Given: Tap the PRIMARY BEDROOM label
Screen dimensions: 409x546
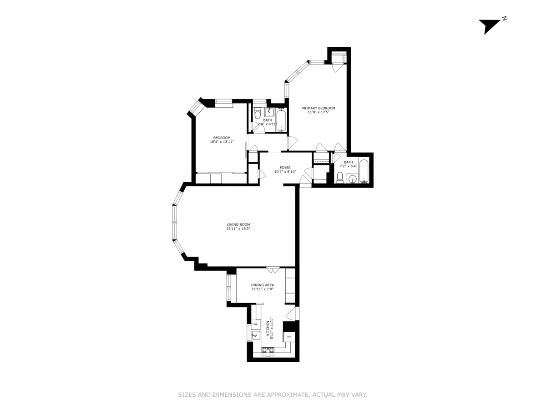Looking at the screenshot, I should click(x=318, y=108).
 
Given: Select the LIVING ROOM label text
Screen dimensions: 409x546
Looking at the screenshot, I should click(x=238, y=224).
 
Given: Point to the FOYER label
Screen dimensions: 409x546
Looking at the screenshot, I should click(x=285, y=168).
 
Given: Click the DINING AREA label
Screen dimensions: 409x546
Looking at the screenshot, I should click(x=263, y=285).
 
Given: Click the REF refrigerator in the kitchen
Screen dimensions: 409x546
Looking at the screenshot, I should click(x=288, y=337).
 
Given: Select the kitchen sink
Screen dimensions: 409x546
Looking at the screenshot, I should click(x=255, y=335).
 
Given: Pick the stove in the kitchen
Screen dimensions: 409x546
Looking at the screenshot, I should click(x=268, y=350).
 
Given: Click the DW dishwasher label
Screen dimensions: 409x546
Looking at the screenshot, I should click(x=256, y=324).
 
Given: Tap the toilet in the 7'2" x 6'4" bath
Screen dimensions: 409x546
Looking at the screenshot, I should click(x=340, y=177).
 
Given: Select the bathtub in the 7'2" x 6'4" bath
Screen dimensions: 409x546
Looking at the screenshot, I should click(x=364, y=171).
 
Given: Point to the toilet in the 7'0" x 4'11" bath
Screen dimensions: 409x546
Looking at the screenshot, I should click(x=257, y=114).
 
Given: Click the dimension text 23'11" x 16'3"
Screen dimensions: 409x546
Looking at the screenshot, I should click(x=238, y=229).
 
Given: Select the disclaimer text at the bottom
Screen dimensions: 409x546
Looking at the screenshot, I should click(x=273, y=395).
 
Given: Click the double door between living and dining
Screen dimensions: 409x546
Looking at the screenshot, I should click(x=273, y=270).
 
